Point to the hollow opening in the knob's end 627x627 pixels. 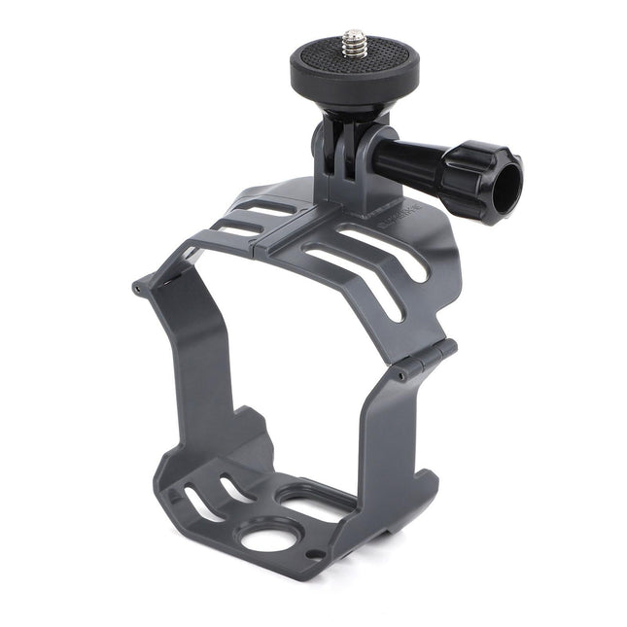coord(505,193)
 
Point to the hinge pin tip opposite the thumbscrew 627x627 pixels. coord(137,288)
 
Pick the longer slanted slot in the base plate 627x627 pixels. coord(203,505)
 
